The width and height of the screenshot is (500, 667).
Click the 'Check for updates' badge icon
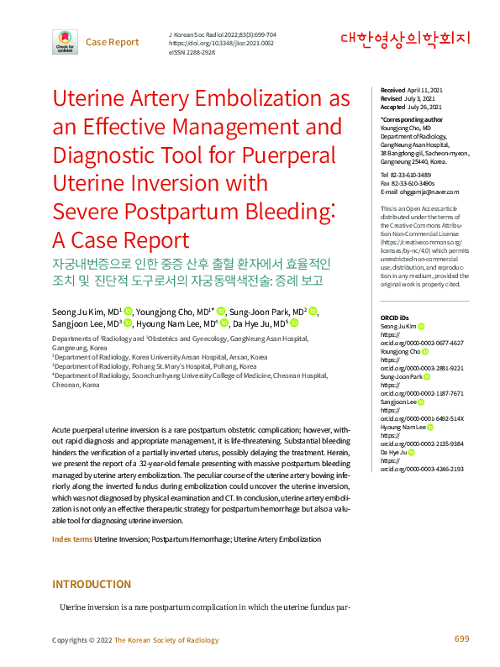coord(65,41)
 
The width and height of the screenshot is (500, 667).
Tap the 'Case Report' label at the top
coord(112,42)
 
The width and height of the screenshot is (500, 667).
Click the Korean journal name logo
coord(405,39)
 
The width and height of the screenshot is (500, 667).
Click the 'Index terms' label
coord(72,538)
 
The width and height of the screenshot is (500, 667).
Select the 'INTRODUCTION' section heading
coord(92,585)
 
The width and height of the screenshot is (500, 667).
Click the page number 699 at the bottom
coord(461,640)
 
